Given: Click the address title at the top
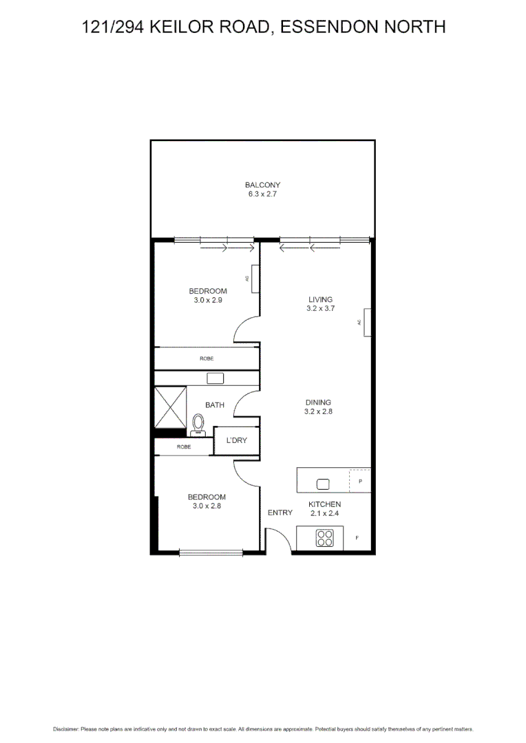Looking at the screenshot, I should click(x=263, y=27).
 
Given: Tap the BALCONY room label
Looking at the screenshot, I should click(x=262, y=184).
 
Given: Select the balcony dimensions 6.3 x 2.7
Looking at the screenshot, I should click(x=262, y=195).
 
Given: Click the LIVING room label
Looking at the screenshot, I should click(x=320, y=299).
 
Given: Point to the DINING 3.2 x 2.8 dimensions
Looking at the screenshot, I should click(x=319, y=411).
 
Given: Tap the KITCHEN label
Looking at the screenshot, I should click(x=324, y=504).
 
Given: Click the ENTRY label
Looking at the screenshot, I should click(x=280, y=513).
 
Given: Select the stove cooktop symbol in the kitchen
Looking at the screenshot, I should click(x=325, y=538).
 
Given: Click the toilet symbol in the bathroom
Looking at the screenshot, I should click(x=198, y=424).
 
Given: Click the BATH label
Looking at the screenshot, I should click(x=214, y=405).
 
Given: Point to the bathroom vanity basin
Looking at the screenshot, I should click(x=215, y=378).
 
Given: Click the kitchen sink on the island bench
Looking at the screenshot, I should click(x=323, y=482).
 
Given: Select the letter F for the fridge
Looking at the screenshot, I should click(x=357, y=537).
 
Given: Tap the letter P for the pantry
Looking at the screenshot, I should click(x=360, y=481).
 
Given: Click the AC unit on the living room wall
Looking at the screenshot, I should click(x=368, y=322).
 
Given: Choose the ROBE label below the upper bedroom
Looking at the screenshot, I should click(x=206, y=358).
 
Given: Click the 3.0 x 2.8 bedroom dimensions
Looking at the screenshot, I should click(x=207, y=506).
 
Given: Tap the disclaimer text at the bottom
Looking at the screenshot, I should click(x=263, y=729).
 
